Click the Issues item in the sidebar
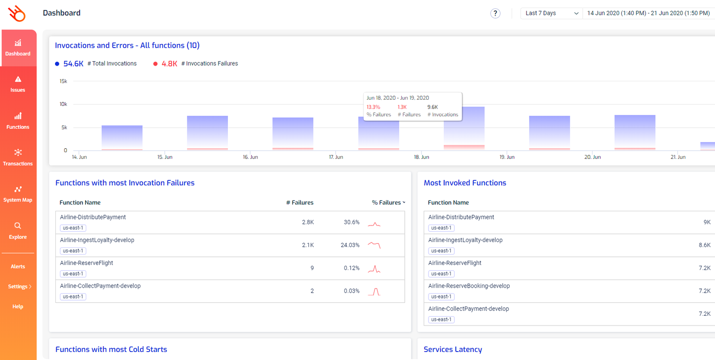18,84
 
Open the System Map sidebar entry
18,194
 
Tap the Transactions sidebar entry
18,157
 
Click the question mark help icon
495,13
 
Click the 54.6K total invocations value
73,64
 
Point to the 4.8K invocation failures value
169,64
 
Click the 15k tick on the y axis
63,81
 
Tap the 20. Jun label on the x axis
593,157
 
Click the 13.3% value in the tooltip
373,107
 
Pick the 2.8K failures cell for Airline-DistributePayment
308,222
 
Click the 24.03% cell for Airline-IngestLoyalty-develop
350,245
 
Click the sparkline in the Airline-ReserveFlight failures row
374,269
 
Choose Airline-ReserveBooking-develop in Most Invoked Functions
469,286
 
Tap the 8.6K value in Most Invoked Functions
704,245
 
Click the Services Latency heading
453,350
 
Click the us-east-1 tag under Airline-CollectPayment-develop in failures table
73,297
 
